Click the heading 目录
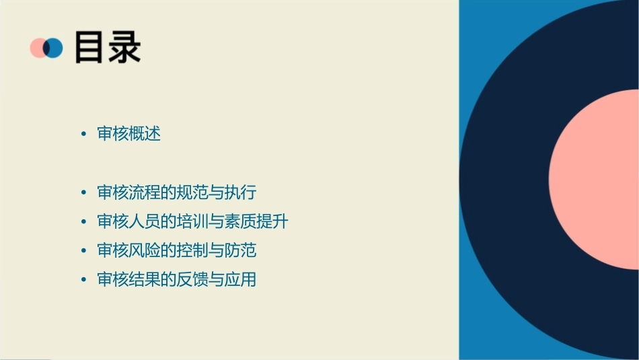pyautogui.click(x=108, y=48)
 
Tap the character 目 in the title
pyautogui.click(x=90, y=48)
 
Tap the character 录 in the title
pyautogui.click(x=124, y=48)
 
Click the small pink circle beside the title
pyautogui.click(x=38, y=48)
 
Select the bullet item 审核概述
pyautogui.click(x=129, y=133)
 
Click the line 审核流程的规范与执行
pyautogui.click(x=177, y=192)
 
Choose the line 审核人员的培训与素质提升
pyautogui.click(x=193, y=221)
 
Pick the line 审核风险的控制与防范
pyautogui.click(x=177, y=250)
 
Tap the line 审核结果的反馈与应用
pyautogui.click(x=177, y=279)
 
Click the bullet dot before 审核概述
pyautogui.click(x=83, y=134)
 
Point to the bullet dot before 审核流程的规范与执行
pyautogui.click(x=83, y=192)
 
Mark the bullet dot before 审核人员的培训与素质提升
pyautogui.click(x=83, y=221)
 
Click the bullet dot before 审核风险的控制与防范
pyautogui.click(x=83, y=251)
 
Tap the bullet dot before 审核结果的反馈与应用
pyautogui.click(x=83, y=280)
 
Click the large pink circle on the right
pyautogui.click(x=595, y=178)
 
